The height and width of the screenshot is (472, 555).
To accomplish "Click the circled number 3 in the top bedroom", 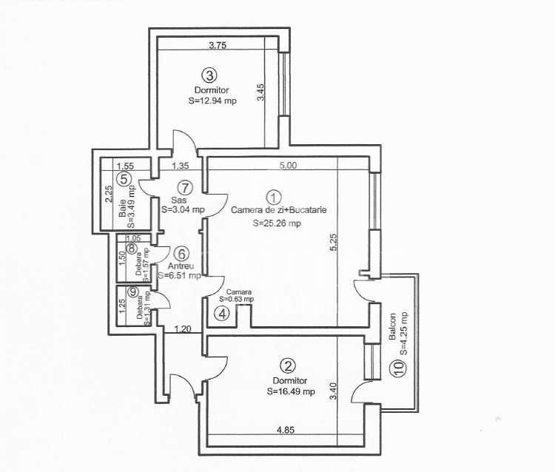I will tap(209, 75).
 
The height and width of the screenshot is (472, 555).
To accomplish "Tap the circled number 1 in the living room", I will tap(274, 198).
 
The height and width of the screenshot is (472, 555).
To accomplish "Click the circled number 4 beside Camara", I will tap(221, 313).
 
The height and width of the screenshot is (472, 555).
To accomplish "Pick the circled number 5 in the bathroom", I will tap(125, 178).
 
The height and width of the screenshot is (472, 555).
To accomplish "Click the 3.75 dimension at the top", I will tap(218, 45).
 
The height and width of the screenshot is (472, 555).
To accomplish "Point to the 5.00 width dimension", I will tap(288, 166).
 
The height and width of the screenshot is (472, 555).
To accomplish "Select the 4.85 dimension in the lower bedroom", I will tap(286, 430).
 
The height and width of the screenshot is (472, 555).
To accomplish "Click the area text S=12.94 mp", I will tap(212, 101).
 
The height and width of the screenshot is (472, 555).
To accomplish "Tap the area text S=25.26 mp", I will tap(276, 223).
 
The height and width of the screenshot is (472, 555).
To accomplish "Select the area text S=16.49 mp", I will tap(291, 392).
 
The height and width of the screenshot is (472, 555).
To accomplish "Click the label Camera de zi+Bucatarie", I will tap(278, 210).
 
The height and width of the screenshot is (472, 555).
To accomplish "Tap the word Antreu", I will tap(180, 266).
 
